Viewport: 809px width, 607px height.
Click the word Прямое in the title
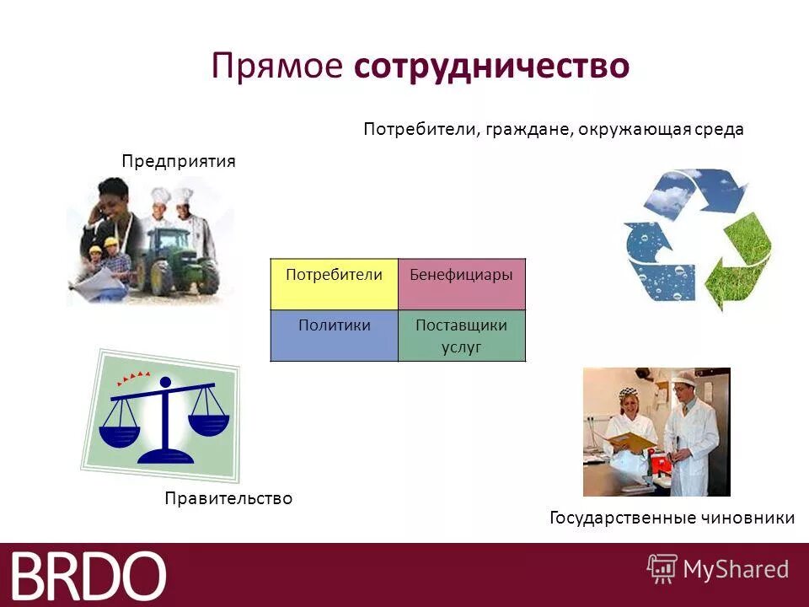(x=277, y=67)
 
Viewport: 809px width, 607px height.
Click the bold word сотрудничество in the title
(x=491, y=67)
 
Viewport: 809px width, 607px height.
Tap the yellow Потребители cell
(x=334, y=284)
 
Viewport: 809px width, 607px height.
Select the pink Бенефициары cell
(x=461, y=284)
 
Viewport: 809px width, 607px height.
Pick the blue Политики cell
(x=334, y=336)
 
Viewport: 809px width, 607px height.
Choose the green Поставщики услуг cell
(x=461, y=336)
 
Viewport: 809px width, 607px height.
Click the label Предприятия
(x=178, y=161)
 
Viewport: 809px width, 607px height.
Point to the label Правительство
(x=228, y=498)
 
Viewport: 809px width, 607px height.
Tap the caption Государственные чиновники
(x=672, y=518)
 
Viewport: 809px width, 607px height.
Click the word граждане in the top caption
(x=529, y=130)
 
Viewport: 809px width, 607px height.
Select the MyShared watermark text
(x=735, y=569)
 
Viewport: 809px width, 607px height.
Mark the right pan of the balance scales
(x=208, y=422)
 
